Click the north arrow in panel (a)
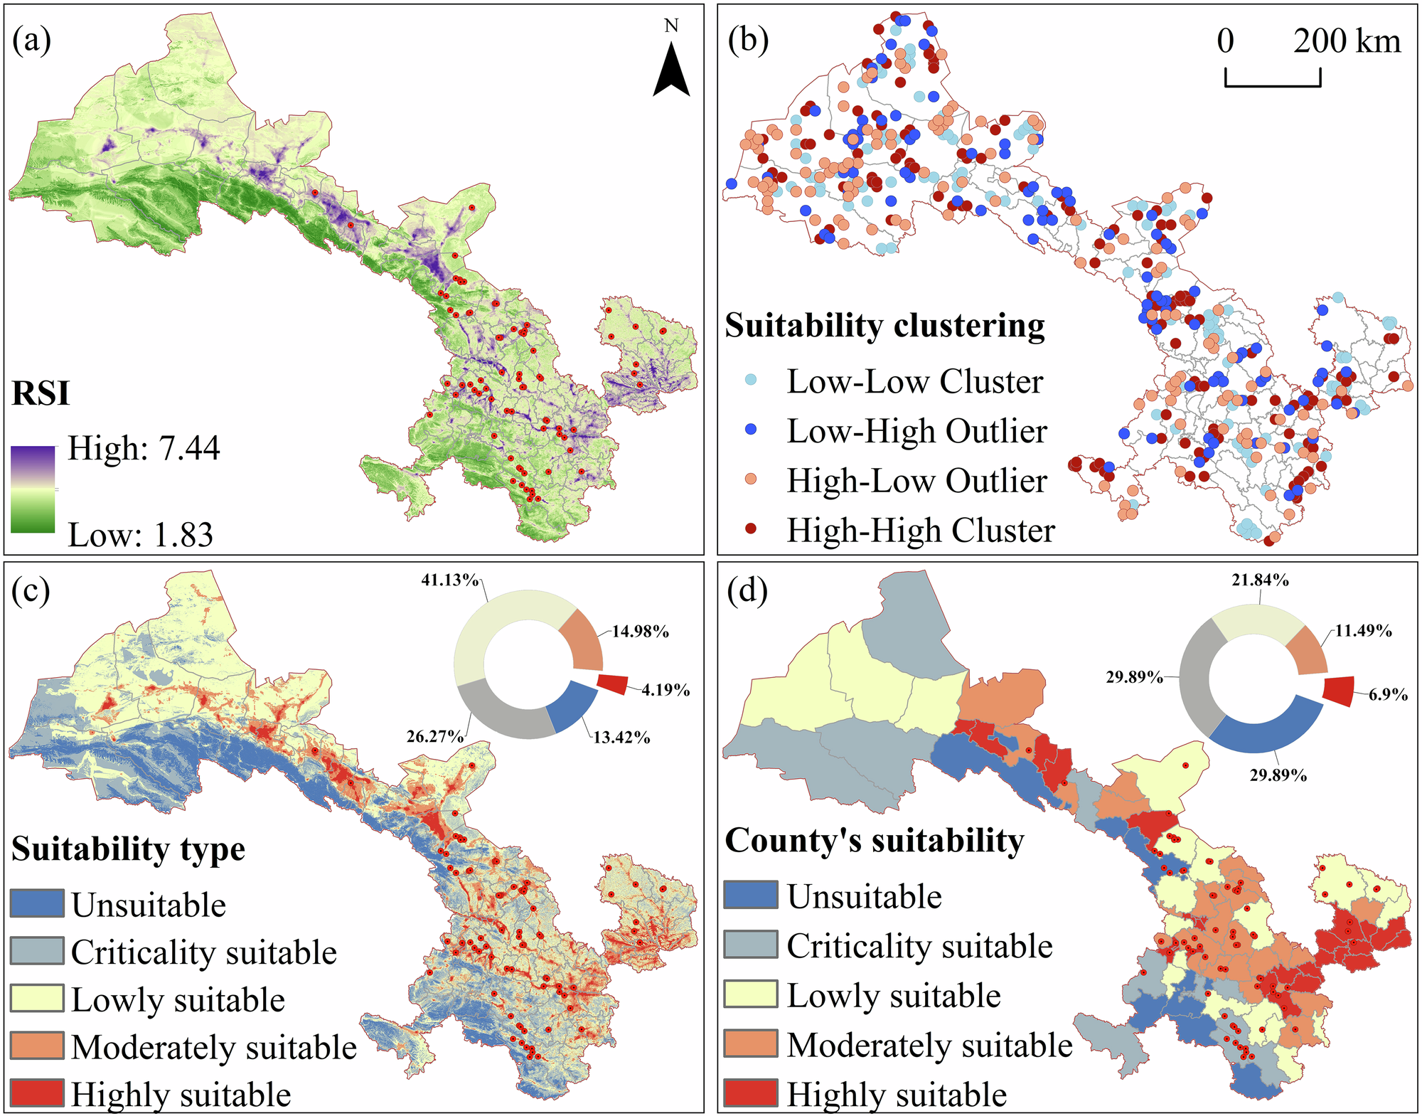[671, 71]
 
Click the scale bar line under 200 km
[1273, 85]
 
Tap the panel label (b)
[748, 41]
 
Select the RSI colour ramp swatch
[33, 489]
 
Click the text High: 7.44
[144, 449]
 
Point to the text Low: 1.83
[140, 535]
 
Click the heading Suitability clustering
[884, 326]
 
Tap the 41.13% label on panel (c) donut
[449, 580]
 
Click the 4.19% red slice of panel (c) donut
[613, 684]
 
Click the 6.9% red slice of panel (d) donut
[1339, 691]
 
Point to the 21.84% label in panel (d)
[1260, 580]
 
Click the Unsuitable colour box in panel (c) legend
[37, 903]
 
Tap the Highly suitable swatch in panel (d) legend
[750, 1093]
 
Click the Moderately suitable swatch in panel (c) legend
[37, 1046]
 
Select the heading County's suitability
[874, 840]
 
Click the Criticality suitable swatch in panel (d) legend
[750, 945]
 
